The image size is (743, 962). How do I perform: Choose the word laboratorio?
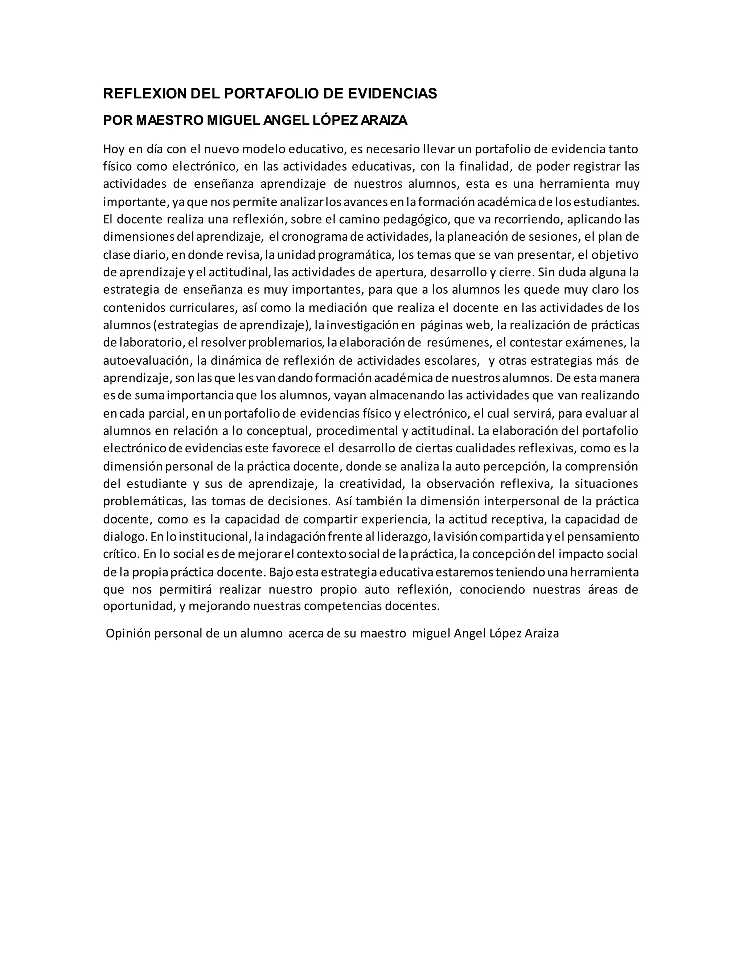(x=149, y=342)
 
